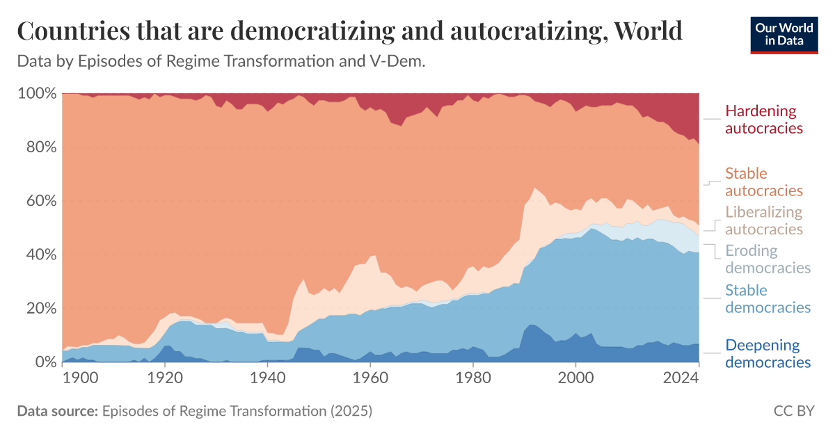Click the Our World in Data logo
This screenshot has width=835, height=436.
pyautogui.click(x=784, y=34)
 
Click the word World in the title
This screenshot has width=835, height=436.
pyautogui.click(x=641, y=31)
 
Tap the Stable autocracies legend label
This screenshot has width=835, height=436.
pyautogui.click(x=763, y=182)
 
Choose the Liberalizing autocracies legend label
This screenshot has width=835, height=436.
pyautogui.click(x=763, y=220)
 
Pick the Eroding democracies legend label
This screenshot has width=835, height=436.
pyautogui.click(x=768, y=259)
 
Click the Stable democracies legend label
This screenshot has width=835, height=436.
pyautogui.click(x=768, y=298)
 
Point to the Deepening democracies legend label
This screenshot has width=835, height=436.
pyautogui.click(x=768, y=353)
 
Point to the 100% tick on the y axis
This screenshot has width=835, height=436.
pyautogui.click(x=36, y=93)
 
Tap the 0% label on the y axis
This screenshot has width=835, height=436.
pyautogui.click(x=44, y=362)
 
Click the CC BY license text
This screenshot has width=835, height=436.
pyautogui.click(x=793, y=411)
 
